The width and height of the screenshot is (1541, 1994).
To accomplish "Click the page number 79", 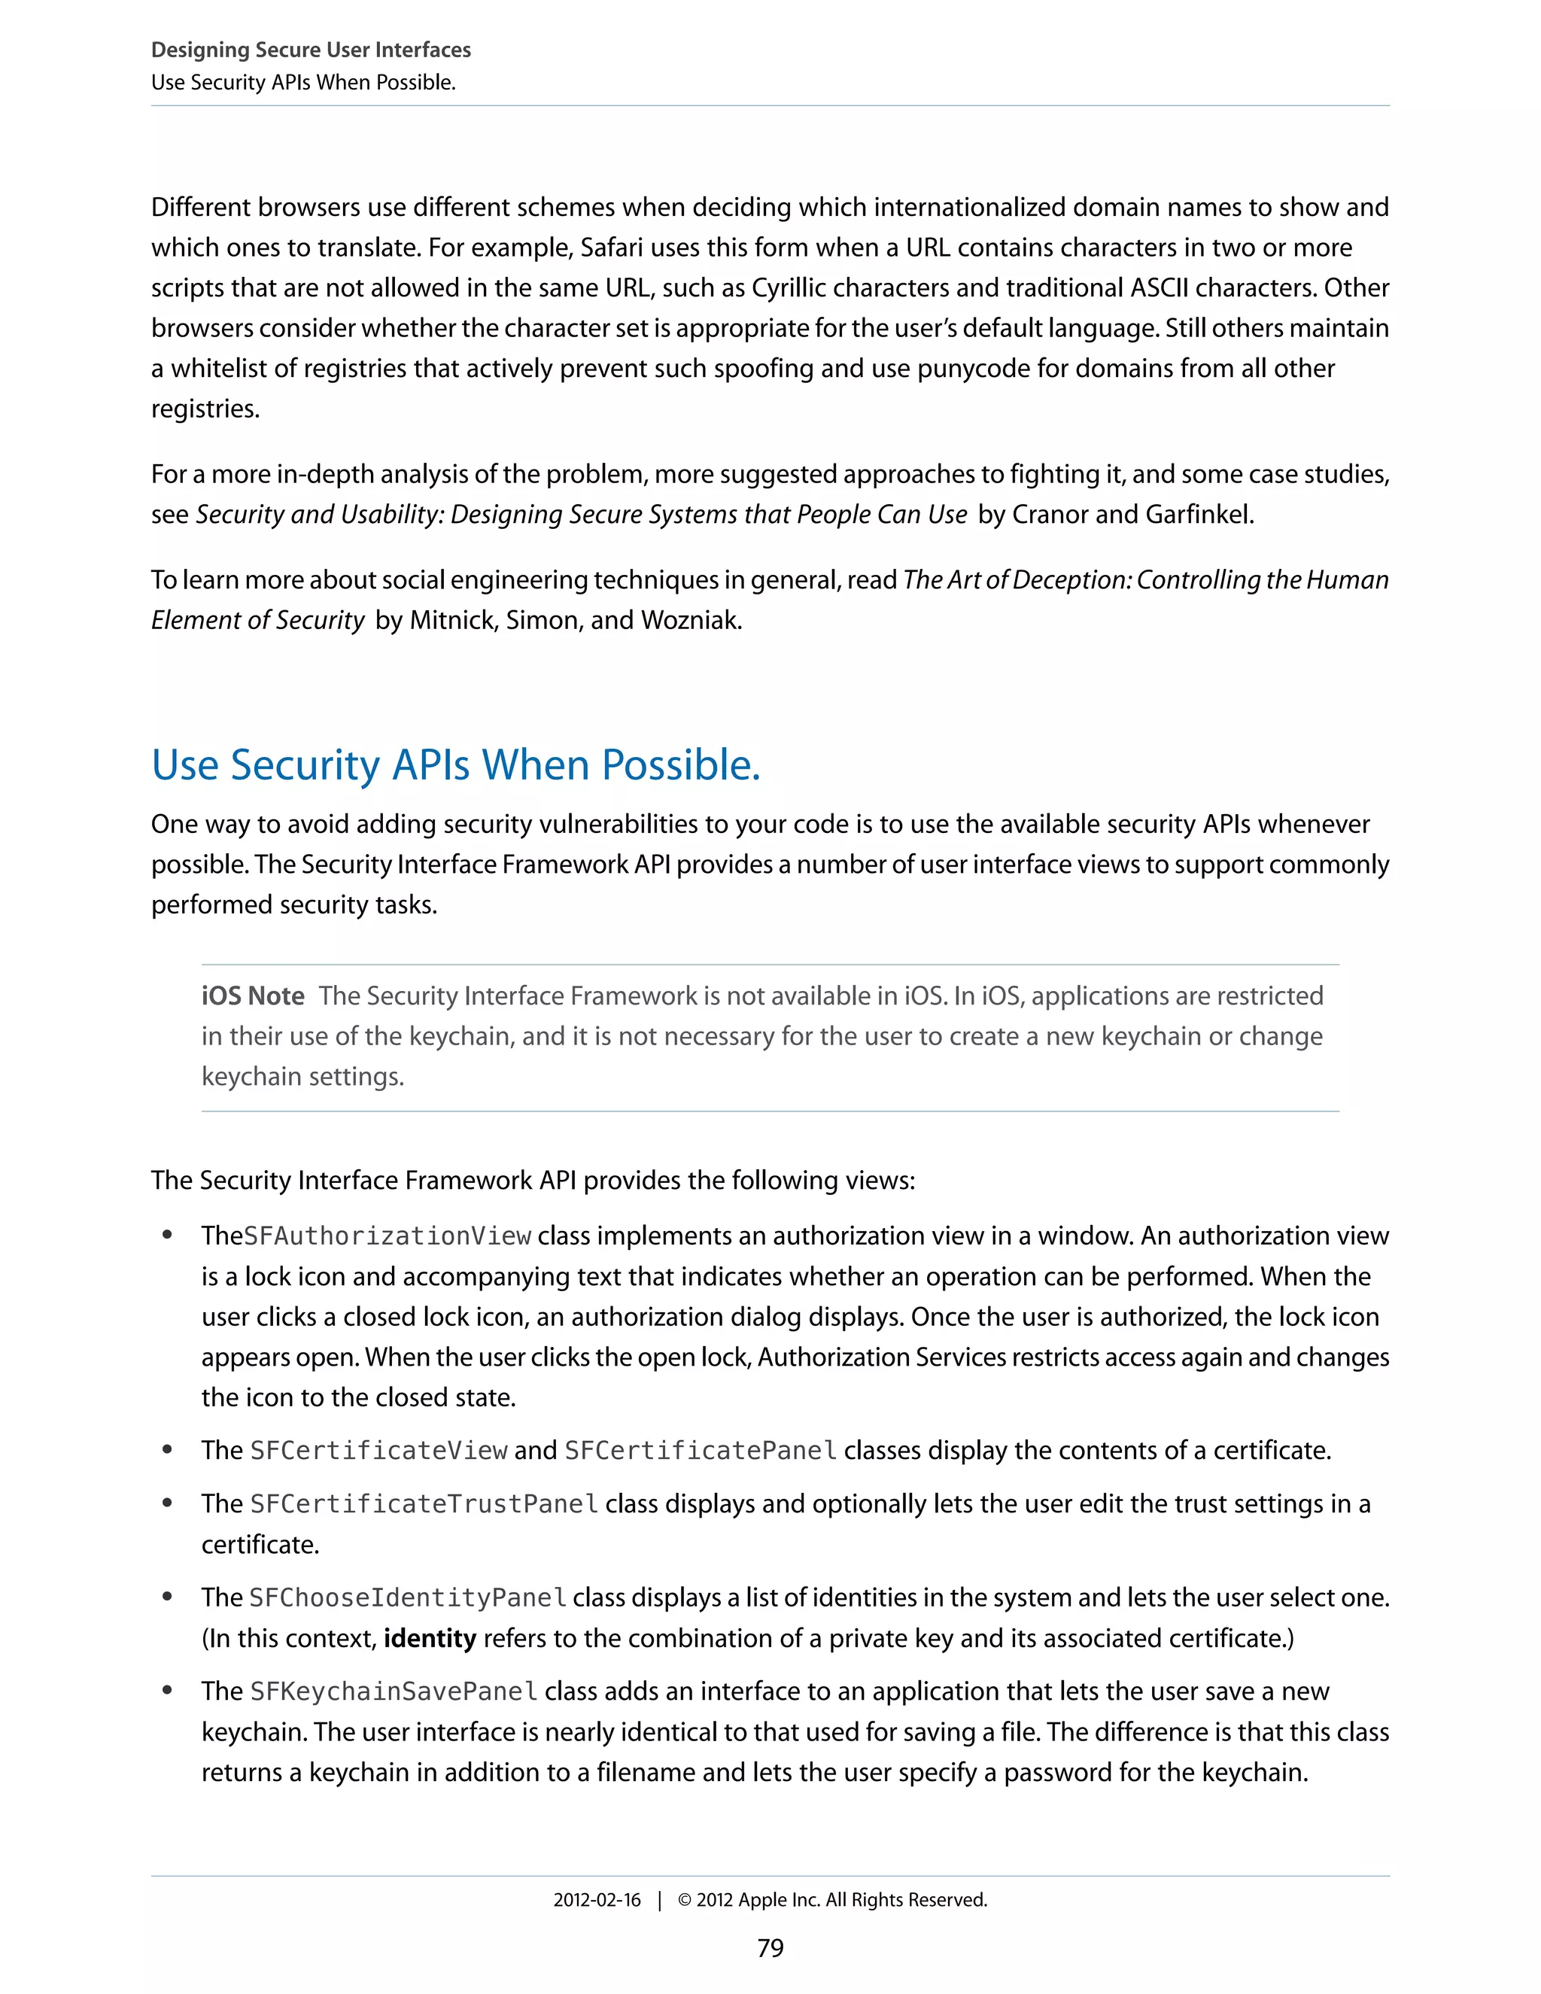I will tap(770, 1947).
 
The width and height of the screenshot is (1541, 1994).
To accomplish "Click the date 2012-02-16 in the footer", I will tap(597, 1899).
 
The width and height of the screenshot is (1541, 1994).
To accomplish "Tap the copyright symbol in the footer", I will tap(685, 1899).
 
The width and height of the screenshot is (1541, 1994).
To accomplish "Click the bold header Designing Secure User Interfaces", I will tap(312, 50).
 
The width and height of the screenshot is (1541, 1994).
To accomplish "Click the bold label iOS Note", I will tap(253, 995).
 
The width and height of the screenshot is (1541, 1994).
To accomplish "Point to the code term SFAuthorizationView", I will tap(388, 1236).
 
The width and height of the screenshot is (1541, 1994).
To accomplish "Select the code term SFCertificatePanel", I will tap(701, 1450).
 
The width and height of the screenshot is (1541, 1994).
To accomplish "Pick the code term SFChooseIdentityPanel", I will tap(408, 1597).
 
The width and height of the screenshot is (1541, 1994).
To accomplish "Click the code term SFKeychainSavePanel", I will tap(394, 1691).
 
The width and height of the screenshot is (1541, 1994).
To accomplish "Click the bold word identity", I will tap(430, 1638).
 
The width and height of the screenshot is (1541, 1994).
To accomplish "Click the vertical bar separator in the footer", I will tap(659, 1899).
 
